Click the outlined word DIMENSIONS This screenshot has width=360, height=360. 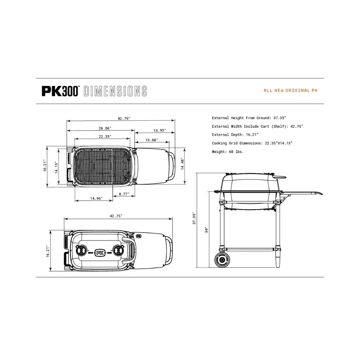115,91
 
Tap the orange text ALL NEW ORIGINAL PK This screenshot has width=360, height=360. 291,90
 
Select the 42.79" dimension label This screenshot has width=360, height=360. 124,118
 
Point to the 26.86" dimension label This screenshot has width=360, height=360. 105,128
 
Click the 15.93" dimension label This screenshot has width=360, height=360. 159,130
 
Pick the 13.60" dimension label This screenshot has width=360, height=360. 152,140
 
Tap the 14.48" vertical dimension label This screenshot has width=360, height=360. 183,164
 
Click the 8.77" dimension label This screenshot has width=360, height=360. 124,194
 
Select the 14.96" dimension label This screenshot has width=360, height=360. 96,198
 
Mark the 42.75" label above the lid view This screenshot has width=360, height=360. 116,216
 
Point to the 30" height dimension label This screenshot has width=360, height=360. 206,230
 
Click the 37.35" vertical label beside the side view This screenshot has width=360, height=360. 194,219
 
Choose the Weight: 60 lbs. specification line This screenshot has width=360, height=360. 228,152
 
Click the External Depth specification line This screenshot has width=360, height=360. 235,135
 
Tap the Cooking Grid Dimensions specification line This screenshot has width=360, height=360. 252,143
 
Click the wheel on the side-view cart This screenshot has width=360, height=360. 222,260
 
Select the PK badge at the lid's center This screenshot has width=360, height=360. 100,253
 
